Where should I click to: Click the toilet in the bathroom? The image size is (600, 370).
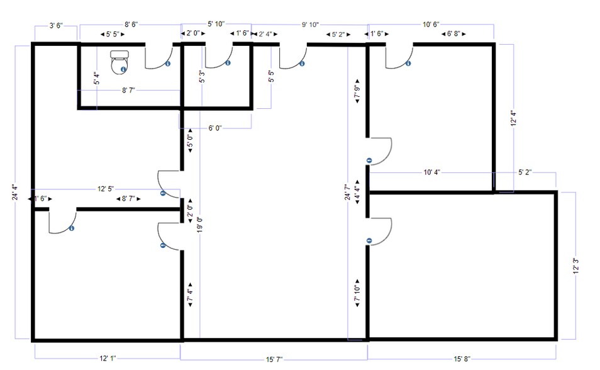pos(119,62)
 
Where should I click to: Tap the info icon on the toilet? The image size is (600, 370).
pos(123,69)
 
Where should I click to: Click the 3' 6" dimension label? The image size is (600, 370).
pos(56,26)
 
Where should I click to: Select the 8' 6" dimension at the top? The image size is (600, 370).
pos(131,25)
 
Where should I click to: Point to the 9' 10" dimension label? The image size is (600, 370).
pos(310,25)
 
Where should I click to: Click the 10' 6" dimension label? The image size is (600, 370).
pos(431,25)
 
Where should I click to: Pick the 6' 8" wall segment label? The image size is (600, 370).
pos(453,34)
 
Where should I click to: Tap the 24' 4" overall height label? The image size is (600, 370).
pos(15,193)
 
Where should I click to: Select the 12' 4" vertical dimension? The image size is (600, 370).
pos(513,119)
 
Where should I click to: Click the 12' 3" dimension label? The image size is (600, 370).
pos(575,266)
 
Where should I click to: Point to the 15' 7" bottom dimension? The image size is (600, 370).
pos(274,360)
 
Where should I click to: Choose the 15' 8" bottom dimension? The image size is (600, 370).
pos(462,359)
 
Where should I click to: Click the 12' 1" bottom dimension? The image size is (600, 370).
pos(108,359)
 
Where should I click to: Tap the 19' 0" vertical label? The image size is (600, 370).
pos(200,224)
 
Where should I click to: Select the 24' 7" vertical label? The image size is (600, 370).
pos(347,193)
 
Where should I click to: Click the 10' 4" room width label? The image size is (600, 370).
pos(431,172)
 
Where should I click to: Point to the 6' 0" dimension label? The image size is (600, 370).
pos(214,128)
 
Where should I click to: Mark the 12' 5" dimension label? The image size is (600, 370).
pos(106,189)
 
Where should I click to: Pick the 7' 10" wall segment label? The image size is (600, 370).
pos(357,293)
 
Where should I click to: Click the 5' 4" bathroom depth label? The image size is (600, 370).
pos(97,79)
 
